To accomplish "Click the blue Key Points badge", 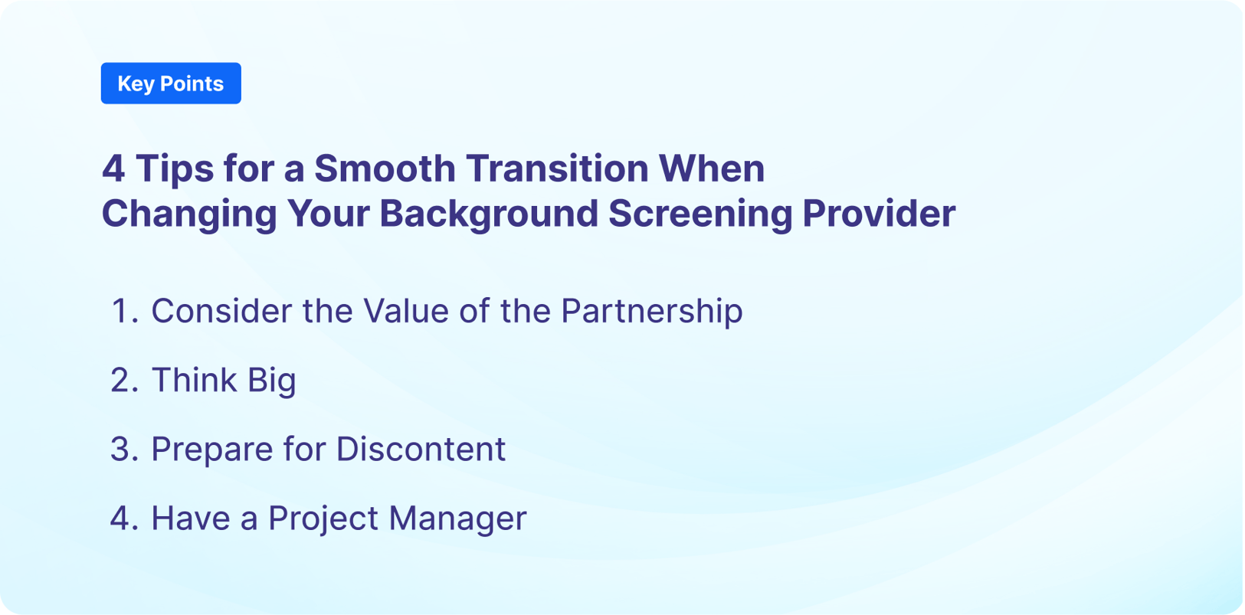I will click(x=171, y=83).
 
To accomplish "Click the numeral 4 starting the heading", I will click(x=113, y=168).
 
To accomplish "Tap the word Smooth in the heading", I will click(x=385, y=168).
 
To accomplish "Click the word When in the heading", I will click(x=712, y=168).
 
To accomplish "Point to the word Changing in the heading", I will click(x=188, y=214).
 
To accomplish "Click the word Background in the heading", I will click(x=488, y=214).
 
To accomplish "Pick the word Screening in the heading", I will click(x=699, y=214).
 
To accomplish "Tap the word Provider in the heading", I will click(x=878, y=214).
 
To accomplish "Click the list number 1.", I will click(x=123, y=311).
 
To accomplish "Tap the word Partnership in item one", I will click(x=651, y=311).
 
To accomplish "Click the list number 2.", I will click(x=123, y=380).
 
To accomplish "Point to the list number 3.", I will click(x=123, y=449).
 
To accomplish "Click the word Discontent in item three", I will click(x=421, y=449).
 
